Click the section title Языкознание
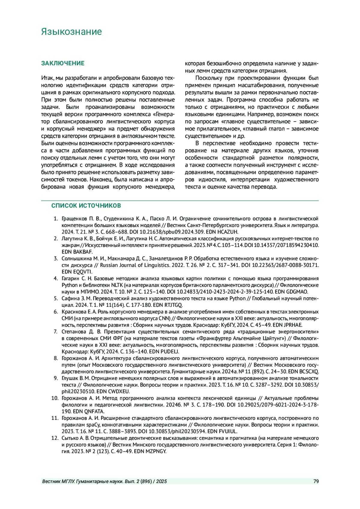[x=71, y=32]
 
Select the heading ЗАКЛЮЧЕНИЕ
[x=63, y=63]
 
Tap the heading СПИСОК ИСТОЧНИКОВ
[x=86, y=206]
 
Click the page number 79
[x=316, y=482]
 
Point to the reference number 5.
[x=56, y=298]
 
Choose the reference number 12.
[x=55, y=438]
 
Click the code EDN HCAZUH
[x=224, y=232]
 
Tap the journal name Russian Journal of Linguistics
[x=135, y=265]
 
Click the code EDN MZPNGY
[x=150, y=451]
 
